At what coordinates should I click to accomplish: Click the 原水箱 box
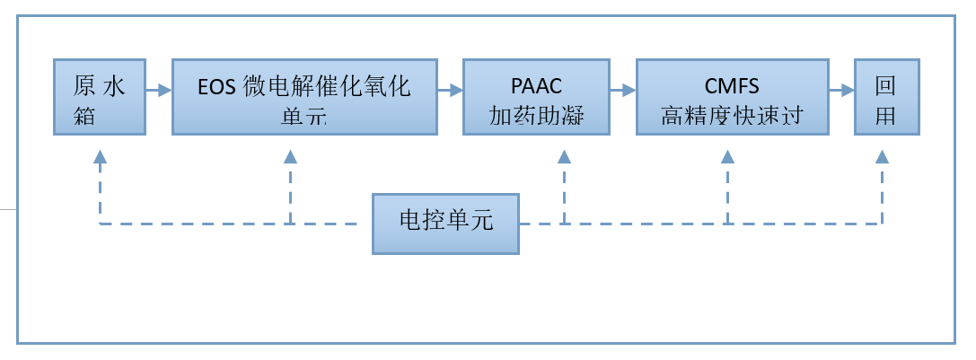[98, 97]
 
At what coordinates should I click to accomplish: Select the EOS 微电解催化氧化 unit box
[303, 97]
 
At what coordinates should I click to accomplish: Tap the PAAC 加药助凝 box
[536, 97]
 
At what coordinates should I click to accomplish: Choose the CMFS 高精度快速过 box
[732, 97]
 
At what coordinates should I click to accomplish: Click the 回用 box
[887, 97]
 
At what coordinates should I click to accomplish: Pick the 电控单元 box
[446, 223]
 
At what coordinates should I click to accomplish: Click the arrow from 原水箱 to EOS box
[158, 90]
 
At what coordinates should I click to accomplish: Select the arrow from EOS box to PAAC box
[449, 90]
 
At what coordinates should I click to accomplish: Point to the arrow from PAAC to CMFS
[622, 90]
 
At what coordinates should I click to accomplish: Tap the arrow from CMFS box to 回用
[840, 90]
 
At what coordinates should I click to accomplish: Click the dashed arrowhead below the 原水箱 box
[100, 157]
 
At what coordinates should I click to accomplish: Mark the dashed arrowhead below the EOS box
[290, 157]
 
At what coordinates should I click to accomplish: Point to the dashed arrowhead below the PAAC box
[564, 157]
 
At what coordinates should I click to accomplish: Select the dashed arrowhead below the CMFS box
[727, 157]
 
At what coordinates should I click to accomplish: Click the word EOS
[217, 87]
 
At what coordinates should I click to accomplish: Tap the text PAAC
[536, 87]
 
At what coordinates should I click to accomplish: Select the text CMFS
[732, 87]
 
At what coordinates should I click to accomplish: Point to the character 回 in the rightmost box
[886, 86]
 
